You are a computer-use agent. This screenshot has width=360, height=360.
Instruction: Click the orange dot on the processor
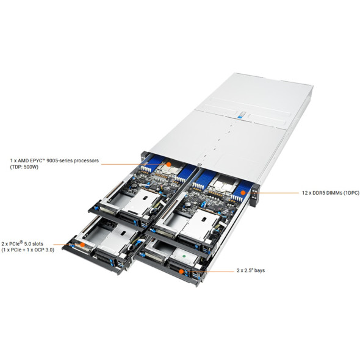[x=168, y=164]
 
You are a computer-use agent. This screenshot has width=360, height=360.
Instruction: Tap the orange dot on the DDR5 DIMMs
[x=243, y=193]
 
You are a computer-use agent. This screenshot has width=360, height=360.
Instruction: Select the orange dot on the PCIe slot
[x=82, y=245]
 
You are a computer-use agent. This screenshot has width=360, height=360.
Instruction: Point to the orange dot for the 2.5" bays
[x=181, y=272]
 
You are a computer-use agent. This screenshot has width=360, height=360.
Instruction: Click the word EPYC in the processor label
[x=37, y=160]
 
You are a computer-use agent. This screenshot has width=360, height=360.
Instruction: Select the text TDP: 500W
[x=24, y=167]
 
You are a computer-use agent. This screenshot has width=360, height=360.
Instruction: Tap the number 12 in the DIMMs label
[x=304, y=193]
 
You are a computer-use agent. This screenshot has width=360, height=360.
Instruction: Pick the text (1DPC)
[x=351, y=193]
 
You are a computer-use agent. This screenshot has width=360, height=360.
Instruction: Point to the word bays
[x=259, y=271]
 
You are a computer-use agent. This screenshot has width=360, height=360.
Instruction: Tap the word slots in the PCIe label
[x=37, y=244]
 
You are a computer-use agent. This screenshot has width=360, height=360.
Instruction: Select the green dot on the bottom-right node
[x=184, y=255]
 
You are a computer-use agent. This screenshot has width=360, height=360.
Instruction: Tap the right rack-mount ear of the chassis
[x=254, y=195]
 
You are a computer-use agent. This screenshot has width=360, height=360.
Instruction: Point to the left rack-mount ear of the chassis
[x=143, y=156]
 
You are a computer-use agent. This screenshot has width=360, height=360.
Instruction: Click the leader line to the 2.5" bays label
[x=209, y=272]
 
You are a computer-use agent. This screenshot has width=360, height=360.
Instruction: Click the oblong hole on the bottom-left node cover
[x=123, y=233]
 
